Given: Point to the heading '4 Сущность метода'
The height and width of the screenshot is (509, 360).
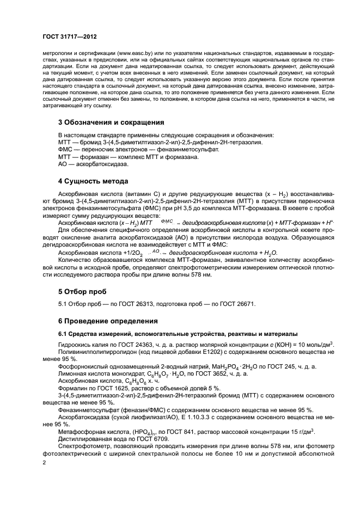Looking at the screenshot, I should (x=93, y=181).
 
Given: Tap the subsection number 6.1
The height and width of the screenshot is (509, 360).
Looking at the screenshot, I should (x=63, y=334).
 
